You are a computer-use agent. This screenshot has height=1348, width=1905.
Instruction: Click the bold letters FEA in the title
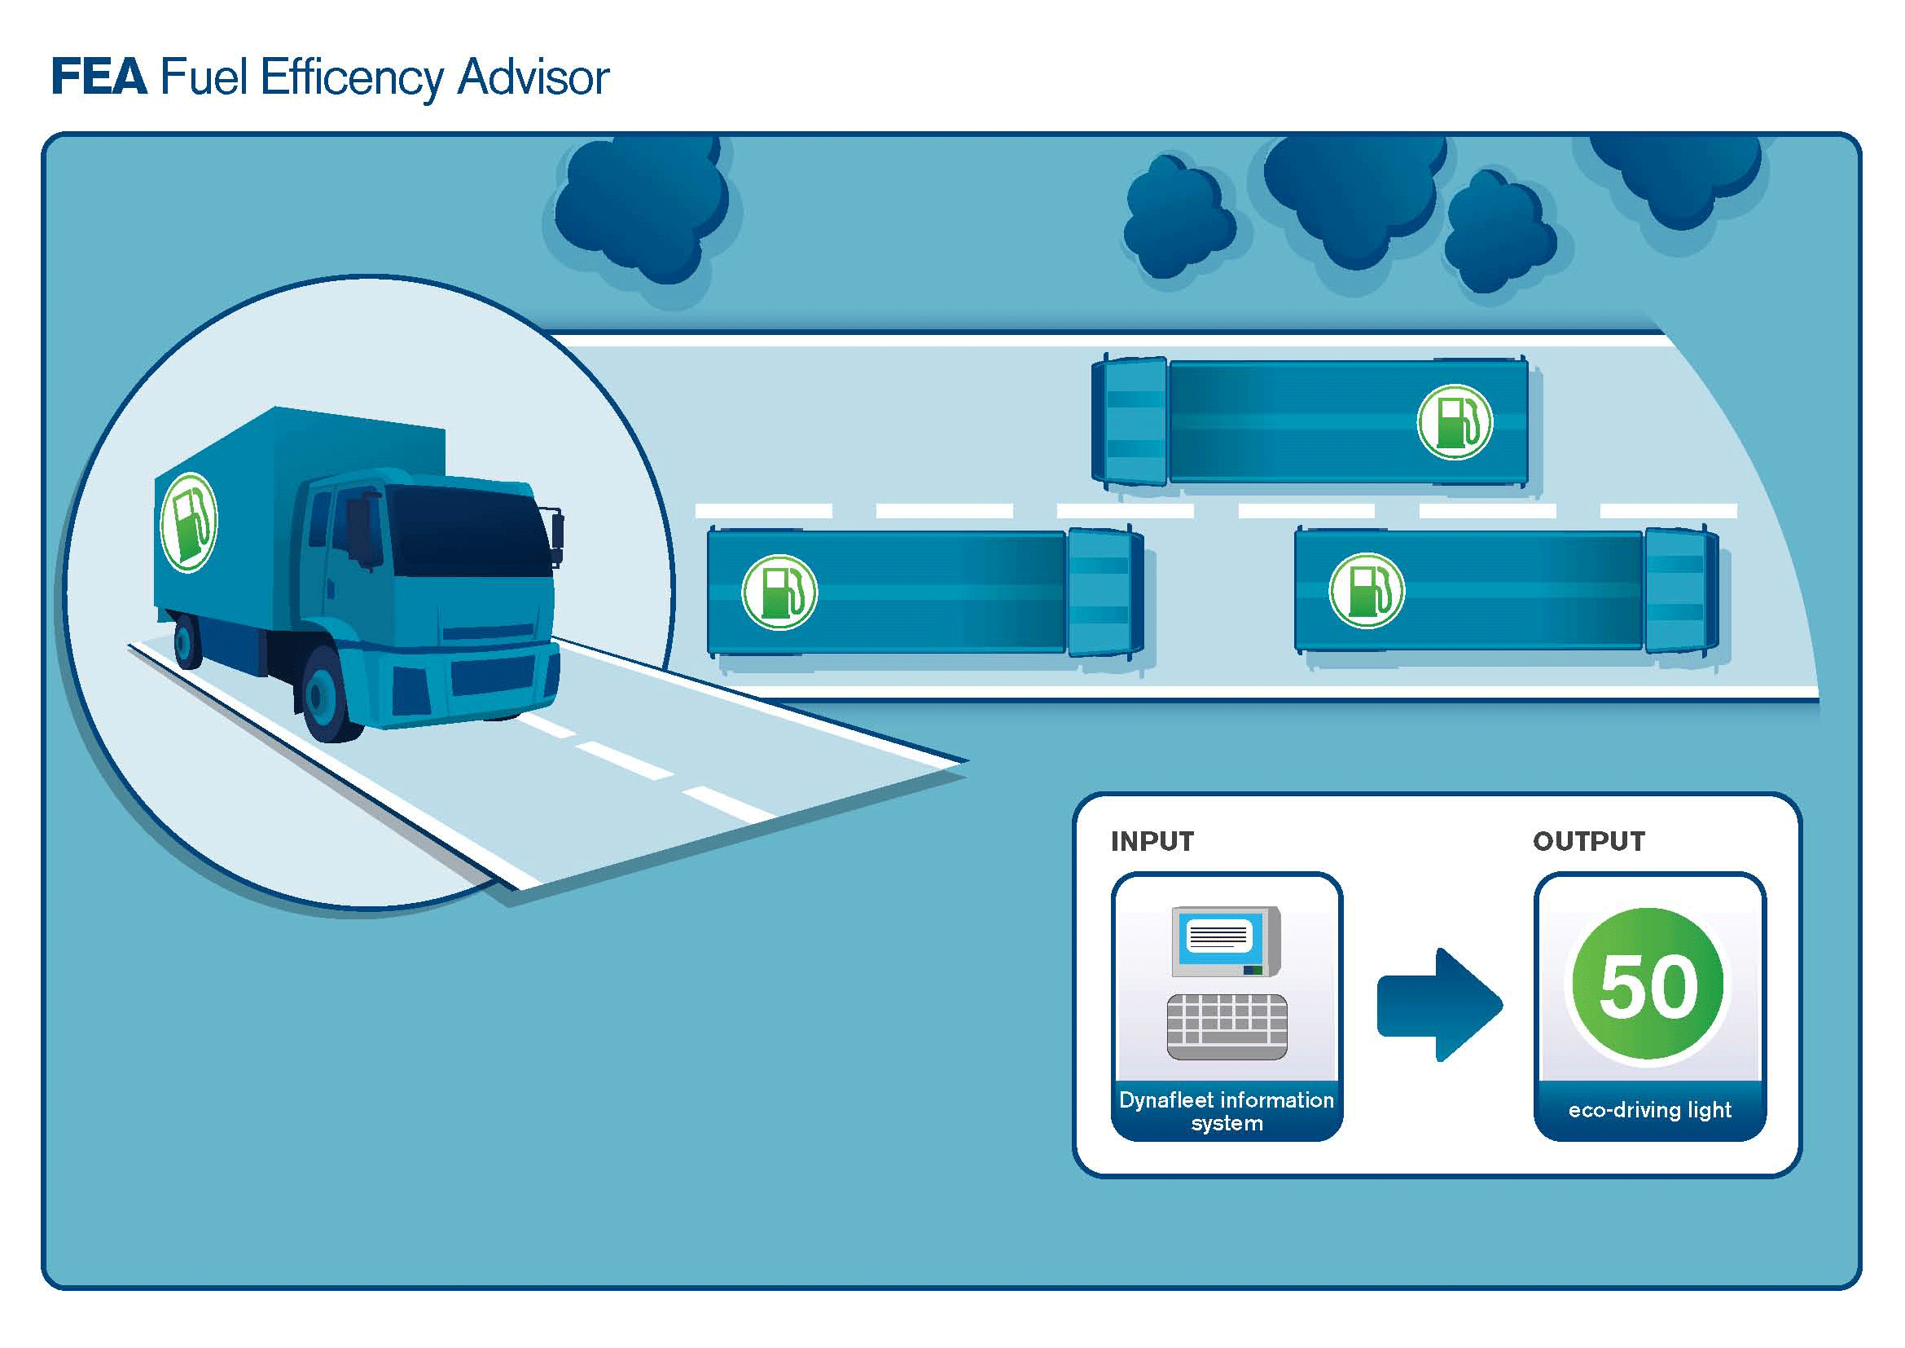point(99,77)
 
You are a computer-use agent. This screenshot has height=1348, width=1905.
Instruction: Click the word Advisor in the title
point(533,77)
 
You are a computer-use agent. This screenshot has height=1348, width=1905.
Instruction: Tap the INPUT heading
point(1152,842)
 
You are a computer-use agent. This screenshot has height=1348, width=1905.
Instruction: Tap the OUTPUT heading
point(1589,842)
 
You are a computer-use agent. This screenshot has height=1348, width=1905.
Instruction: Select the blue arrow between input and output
point(1438,1005)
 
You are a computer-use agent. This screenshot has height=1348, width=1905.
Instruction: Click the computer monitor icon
point(1227,941)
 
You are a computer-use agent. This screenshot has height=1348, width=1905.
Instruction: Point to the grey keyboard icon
point(1227,1027)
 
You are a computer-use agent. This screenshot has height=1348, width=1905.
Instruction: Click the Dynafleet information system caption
point(1227,1112)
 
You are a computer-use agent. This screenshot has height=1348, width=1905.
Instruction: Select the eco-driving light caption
point(1649,1111)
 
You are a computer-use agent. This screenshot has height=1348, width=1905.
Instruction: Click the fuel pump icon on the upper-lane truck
point(1455,422)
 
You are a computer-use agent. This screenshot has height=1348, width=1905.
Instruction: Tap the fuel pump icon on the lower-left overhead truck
point(779,592)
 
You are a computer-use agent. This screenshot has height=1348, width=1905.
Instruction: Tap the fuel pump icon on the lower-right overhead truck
point(1367,591)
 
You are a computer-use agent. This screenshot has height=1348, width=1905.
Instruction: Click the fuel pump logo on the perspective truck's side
point(189,523)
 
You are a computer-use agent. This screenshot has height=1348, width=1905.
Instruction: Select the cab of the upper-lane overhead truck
point(1129,421)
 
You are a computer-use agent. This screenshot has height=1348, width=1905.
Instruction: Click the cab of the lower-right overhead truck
point(1681,590)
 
